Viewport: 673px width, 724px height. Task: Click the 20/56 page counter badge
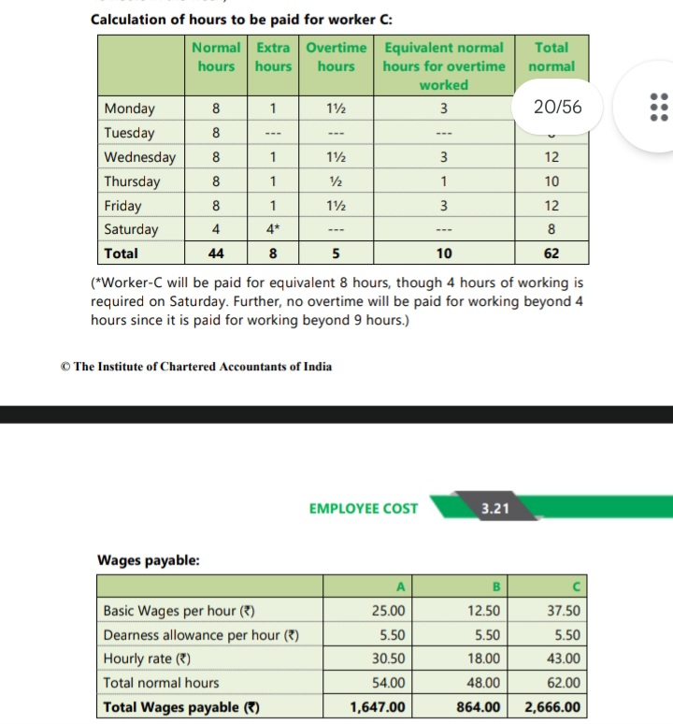[557, 108]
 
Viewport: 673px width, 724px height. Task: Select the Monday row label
[130, 109]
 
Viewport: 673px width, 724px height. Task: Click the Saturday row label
[132, 229]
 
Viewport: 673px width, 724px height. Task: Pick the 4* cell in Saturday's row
[273, 229]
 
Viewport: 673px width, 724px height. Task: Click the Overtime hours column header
[336, 57]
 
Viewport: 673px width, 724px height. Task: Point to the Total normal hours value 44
[216, 253]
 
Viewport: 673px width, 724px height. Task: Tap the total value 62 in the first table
[551, 253]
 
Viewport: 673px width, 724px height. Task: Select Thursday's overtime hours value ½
[336, 181]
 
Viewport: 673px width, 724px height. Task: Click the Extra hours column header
[273, 57]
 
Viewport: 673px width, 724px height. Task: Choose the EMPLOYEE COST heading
[364, 509]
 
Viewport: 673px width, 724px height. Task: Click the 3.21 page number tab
[494, 509]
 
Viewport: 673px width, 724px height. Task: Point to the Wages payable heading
[148, 560]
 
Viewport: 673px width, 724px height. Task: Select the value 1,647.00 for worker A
[378, 707]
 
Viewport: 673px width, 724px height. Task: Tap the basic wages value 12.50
[483, 611]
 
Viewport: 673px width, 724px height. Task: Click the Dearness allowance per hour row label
[201, 635]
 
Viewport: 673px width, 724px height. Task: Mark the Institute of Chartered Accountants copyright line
[195, 366]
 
